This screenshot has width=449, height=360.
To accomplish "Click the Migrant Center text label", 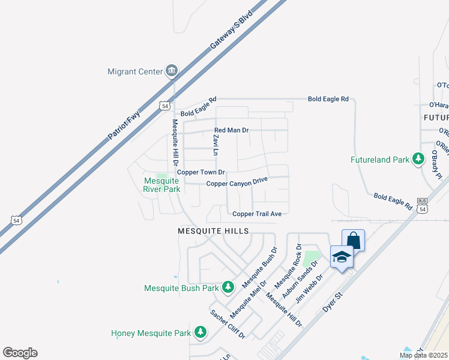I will point(135,71).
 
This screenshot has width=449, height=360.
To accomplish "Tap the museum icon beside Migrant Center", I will point(172,71).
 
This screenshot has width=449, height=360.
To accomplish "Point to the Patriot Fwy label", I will point(124,125).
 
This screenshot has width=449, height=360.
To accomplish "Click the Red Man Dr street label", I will point(232,130).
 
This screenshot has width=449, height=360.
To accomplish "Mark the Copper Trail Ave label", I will point(257,213).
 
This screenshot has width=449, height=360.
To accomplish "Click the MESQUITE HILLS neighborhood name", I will point(213,230).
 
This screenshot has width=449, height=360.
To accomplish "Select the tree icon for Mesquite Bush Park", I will point(228,288).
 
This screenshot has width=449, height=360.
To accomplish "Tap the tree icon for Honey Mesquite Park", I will point(200,332).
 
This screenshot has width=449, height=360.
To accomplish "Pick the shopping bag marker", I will point(353,241).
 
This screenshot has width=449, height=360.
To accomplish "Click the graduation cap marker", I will point(342,257).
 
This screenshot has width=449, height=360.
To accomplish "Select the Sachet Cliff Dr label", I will point(228,324).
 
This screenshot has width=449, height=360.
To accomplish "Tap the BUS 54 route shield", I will point(423,206).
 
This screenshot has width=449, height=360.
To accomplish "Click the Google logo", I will point(20,353).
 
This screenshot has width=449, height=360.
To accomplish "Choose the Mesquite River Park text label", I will point(162,185).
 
